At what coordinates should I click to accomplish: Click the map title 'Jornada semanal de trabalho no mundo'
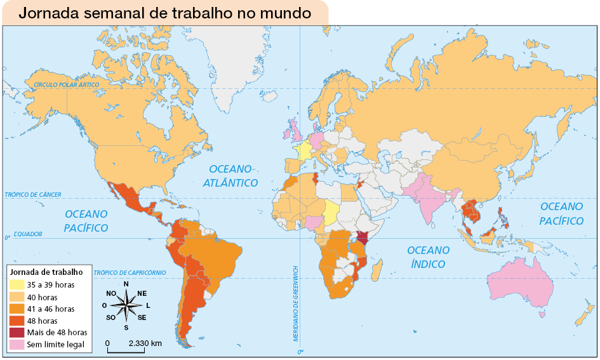pos(164,13)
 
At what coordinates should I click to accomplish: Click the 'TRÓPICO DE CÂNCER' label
pos(33,194)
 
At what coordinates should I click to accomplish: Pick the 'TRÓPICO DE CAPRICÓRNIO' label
pos(130,272)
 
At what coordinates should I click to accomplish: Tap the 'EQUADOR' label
pos(27,234)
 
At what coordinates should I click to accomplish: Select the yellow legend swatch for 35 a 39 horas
pos(17,285)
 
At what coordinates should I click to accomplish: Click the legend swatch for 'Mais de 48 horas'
pos(17,333)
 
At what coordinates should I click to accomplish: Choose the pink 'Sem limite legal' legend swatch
pos(17,345)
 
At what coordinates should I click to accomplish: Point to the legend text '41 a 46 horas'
pos(51,309)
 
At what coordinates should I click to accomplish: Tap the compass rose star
pos(126,305)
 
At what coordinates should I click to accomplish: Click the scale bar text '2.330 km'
pos(145,343)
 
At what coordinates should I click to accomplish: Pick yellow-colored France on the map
pos(304,153)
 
